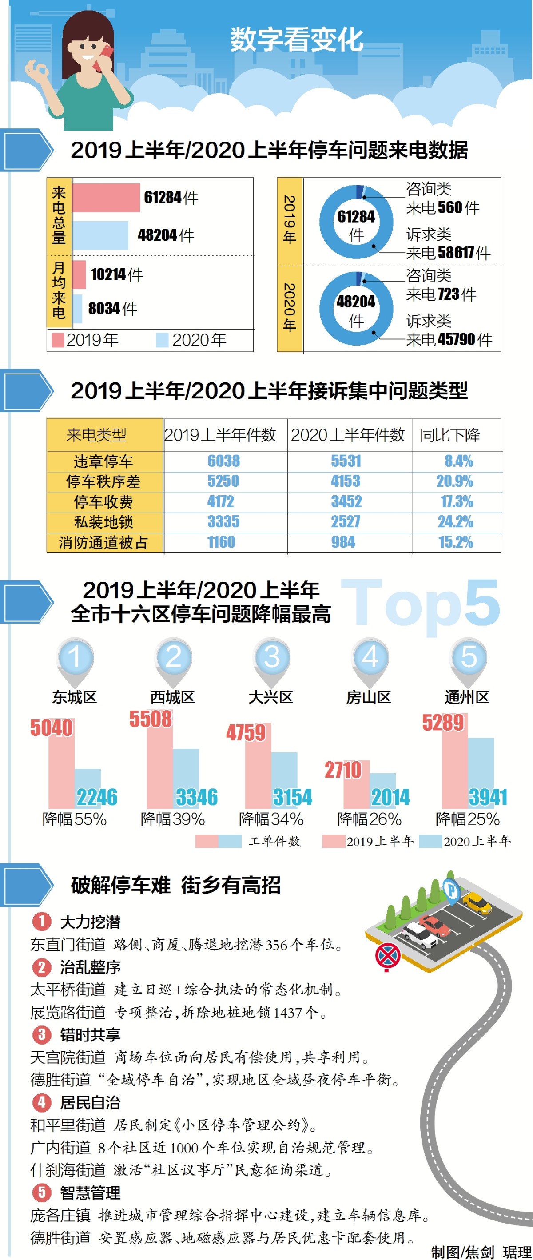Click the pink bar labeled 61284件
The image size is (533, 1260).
pyautogui.click(x=106, y=198)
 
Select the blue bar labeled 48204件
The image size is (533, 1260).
pyautogui.click(x=100, y=235)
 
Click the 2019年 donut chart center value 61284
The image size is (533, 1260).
pyautogui.click(x=356, y=217)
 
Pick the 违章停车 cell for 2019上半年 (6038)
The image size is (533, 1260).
pyautogui.click(x=223, y=461)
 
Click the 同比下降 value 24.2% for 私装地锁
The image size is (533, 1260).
pyautogui.click(x=455, y=521)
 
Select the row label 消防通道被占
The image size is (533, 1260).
pyautogui.click(x=103, y=542)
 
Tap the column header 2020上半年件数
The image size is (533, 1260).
pyautogui.click(x=348, y=435)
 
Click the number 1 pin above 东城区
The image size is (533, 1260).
pyautogui.click(x=74, y=657)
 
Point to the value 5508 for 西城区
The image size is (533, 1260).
pyautogui.click(x=151, y=719)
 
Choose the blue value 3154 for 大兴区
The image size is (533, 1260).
pyautogui.click(x=292, y=797)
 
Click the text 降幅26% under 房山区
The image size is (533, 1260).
pyautogui.click(x=369, y=819)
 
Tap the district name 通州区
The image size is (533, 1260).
pyautogui.click(x=467, y=697)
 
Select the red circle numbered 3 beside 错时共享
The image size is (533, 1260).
pyautogui.click(x=42, y=1034)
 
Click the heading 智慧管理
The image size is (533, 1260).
pyautogui.click(x=90, y=1192)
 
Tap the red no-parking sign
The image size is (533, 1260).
pyautogui.click(x=388, y=956)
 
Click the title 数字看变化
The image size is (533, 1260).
pyautogui.click(x=296, y=40)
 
